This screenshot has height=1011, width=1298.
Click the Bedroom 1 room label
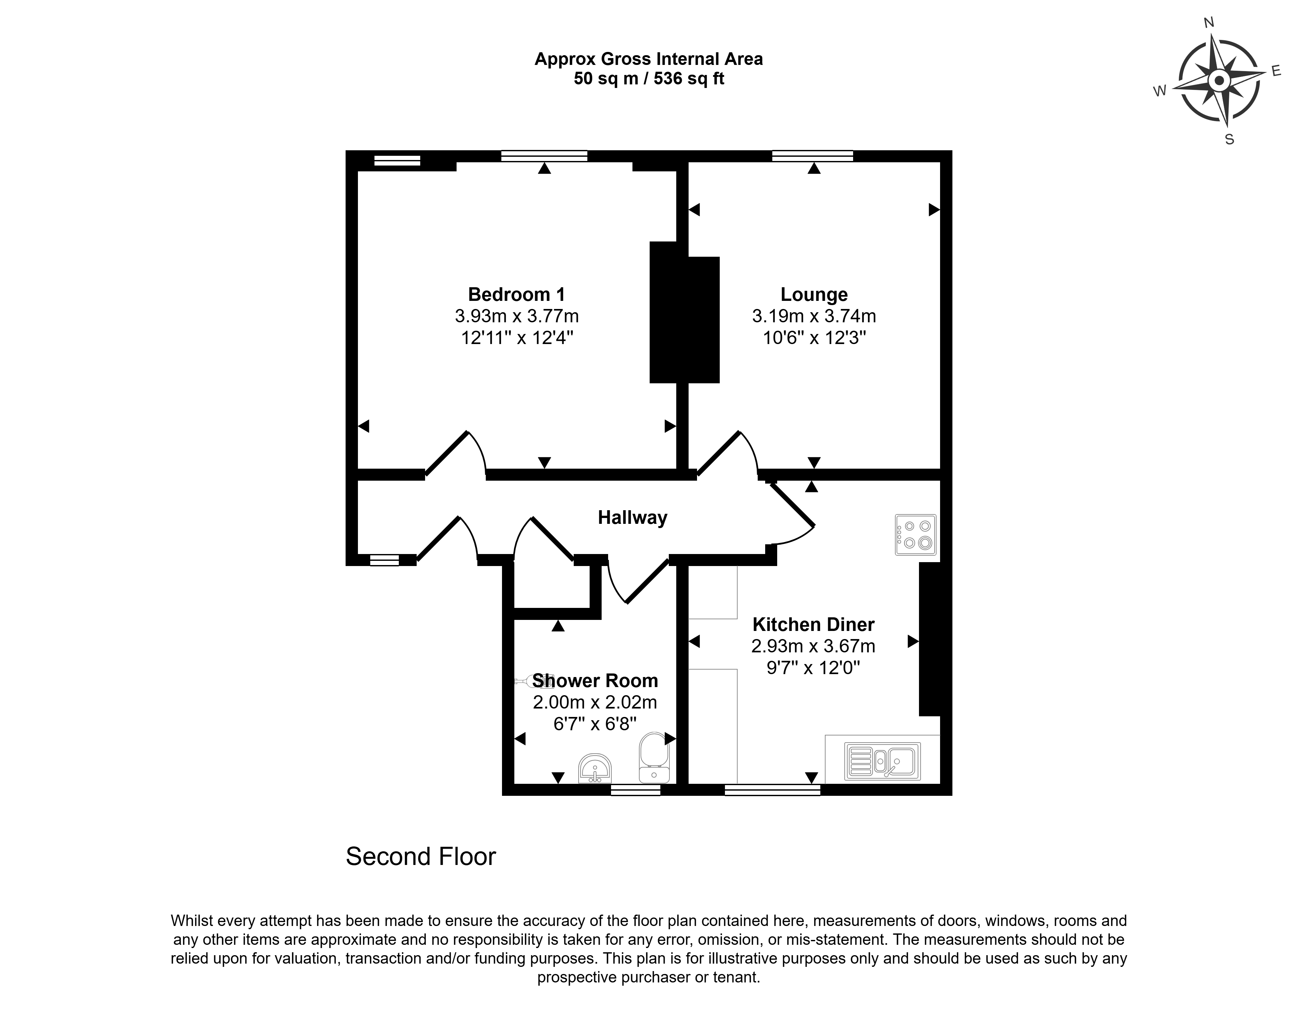tap(517, 294)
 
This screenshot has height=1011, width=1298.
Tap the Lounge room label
tap(814, 294)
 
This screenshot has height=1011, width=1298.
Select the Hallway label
tap(632, 518)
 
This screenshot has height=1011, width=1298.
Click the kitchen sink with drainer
tap(883, 761)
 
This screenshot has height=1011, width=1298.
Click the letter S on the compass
tap(1230, 139)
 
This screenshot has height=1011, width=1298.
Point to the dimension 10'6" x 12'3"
tap(814, 338)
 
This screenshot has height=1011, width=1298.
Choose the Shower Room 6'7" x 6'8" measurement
tap(595, 724)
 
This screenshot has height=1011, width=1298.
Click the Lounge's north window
tap(813, 156)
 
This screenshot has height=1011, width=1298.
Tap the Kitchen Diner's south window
tap(772, 790)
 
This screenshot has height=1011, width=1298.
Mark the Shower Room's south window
tap(635, 790)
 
